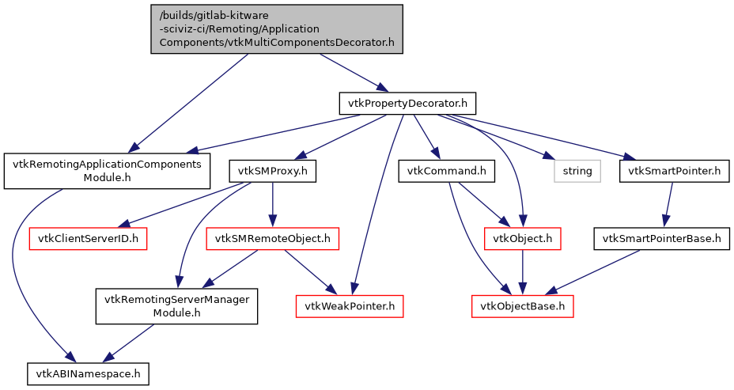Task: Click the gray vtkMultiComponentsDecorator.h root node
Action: pyautogui.click(x=277, y=29)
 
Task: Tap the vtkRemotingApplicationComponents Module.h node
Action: pyautogui.click(x=108, y=171)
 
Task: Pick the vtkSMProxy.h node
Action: pyautogui.click(x=273, y=170)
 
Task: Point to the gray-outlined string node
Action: pyautogui.click(x=577, y=170)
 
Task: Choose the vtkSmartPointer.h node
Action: pyautogui.click(x=674, y=170)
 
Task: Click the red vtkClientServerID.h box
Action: pyautogui.click(x=89, y=238)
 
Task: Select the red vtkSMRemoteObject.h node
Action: pyautogui.click(x=273, y=238)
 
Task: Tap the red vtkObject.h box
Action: pyautogui.click(x=522, y=238)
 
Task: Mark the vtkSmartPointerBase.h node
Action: pyautogui.click(x=662, y=238)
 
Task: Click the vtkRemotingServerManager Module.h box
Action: pyautogui.click(x=177, y=306)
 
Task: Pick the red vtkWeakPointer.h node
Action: pyautogui.click(x=350, y=305)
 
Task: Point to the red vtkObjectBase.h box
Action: pyautogui.click(x=522, y=305)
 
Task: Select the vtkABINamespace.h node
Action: pyautogui.click(x=87, y=372)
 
